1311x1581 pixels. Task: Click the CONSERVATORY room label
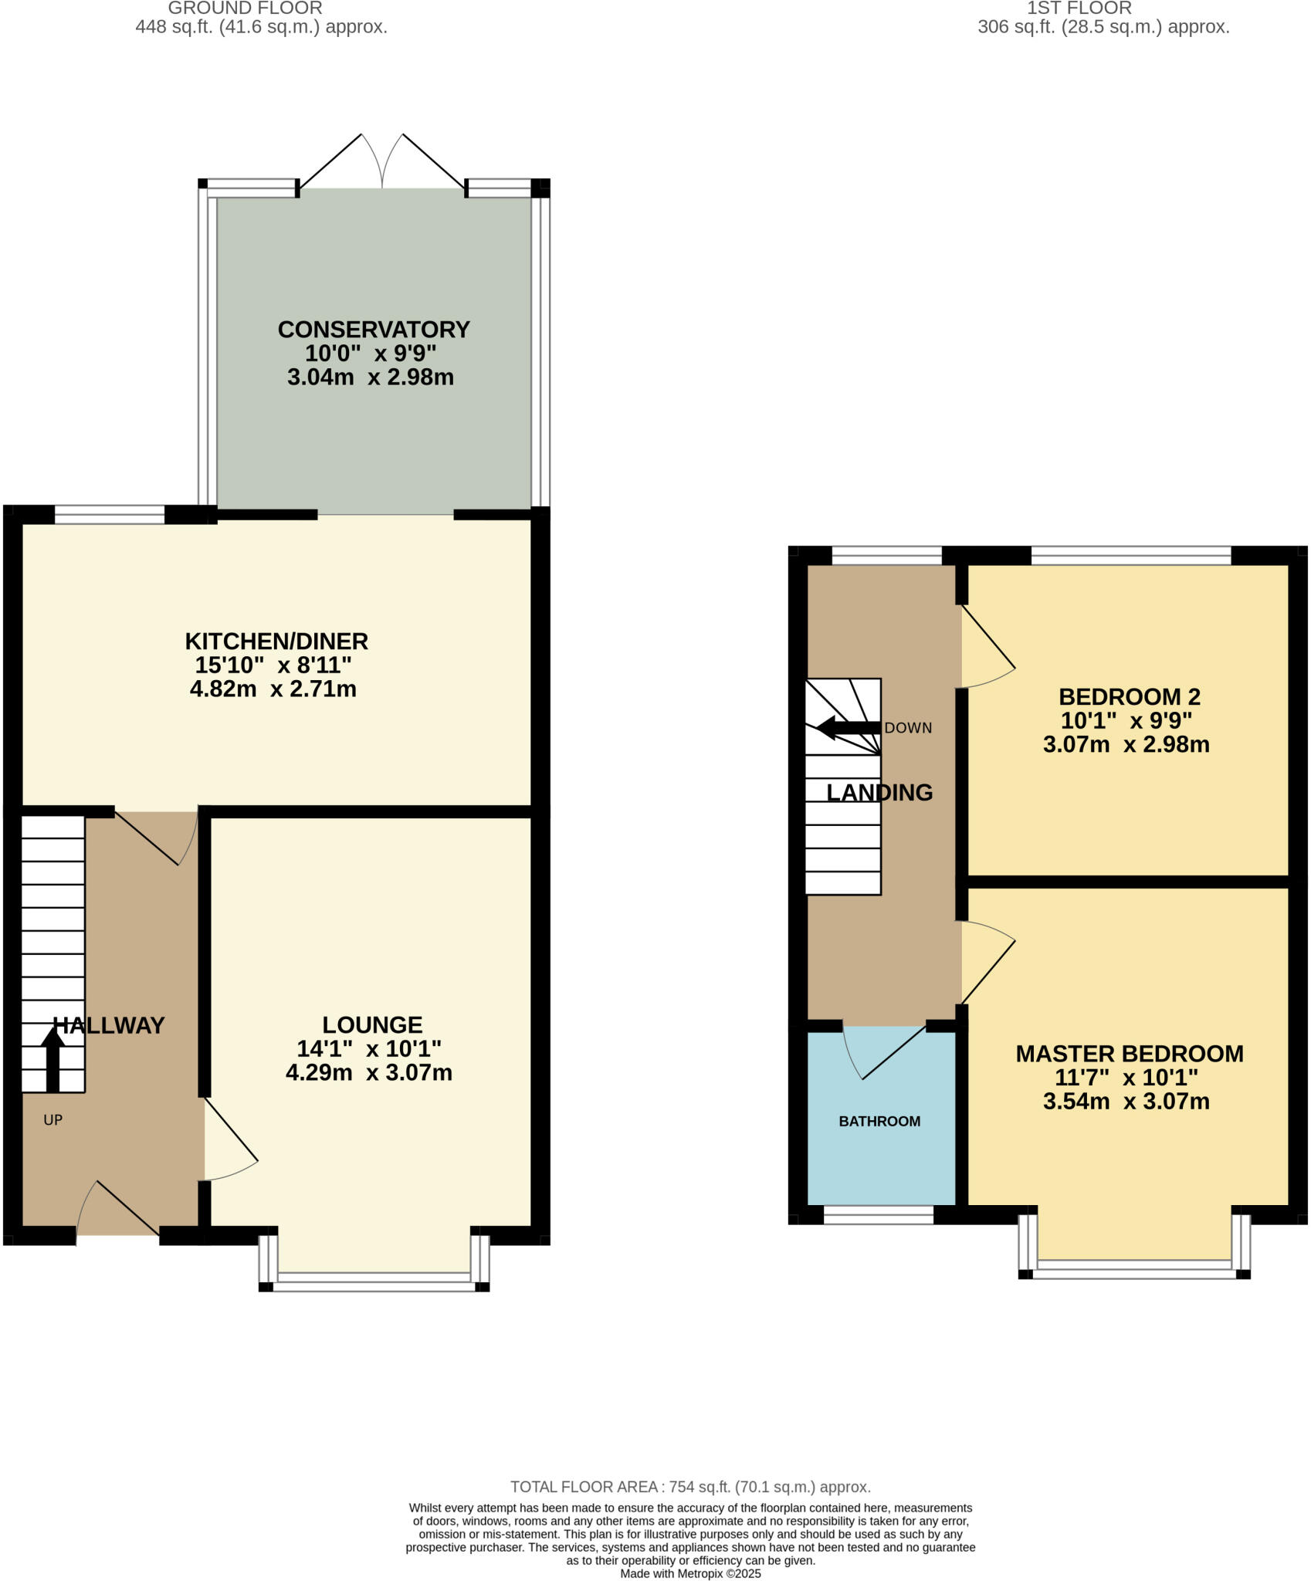click(x=374, y=330)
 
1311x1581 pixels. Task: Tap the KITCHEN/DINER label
click(x=276, y=642)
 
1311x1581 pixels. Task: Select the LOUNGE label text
click(x=372, y=1024)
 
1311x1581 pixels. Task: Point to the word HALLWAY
click(x=109, y=1025)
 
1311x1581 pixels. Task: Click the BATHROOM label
click(x=879, y=1121)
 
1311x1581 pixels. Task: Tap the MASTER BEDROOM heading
click(x=1129, y=1054)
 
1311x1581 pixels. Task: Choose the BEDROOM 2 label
click(x=1129, y=697)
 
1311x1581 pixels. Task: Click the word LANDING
click(x=879, y=792)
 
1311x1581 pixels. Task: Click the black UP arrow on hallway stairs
click(x=53, y=1059)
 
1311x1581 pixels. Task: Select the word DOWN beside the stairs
click(x=908, y=728)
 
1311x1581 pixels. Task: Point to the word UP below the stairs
click(x=53, y=1119)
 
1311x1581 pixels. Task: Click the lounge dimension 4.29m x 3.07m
click(x=369, y=1072)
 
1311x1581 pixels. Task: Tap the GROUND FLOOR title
click(x=245, y=8)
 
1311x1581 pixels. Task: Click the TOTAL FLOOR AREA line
click(x=690, y=1487)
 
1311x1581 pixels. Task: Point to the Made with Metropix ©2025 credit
click(x=690, y=1573)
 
